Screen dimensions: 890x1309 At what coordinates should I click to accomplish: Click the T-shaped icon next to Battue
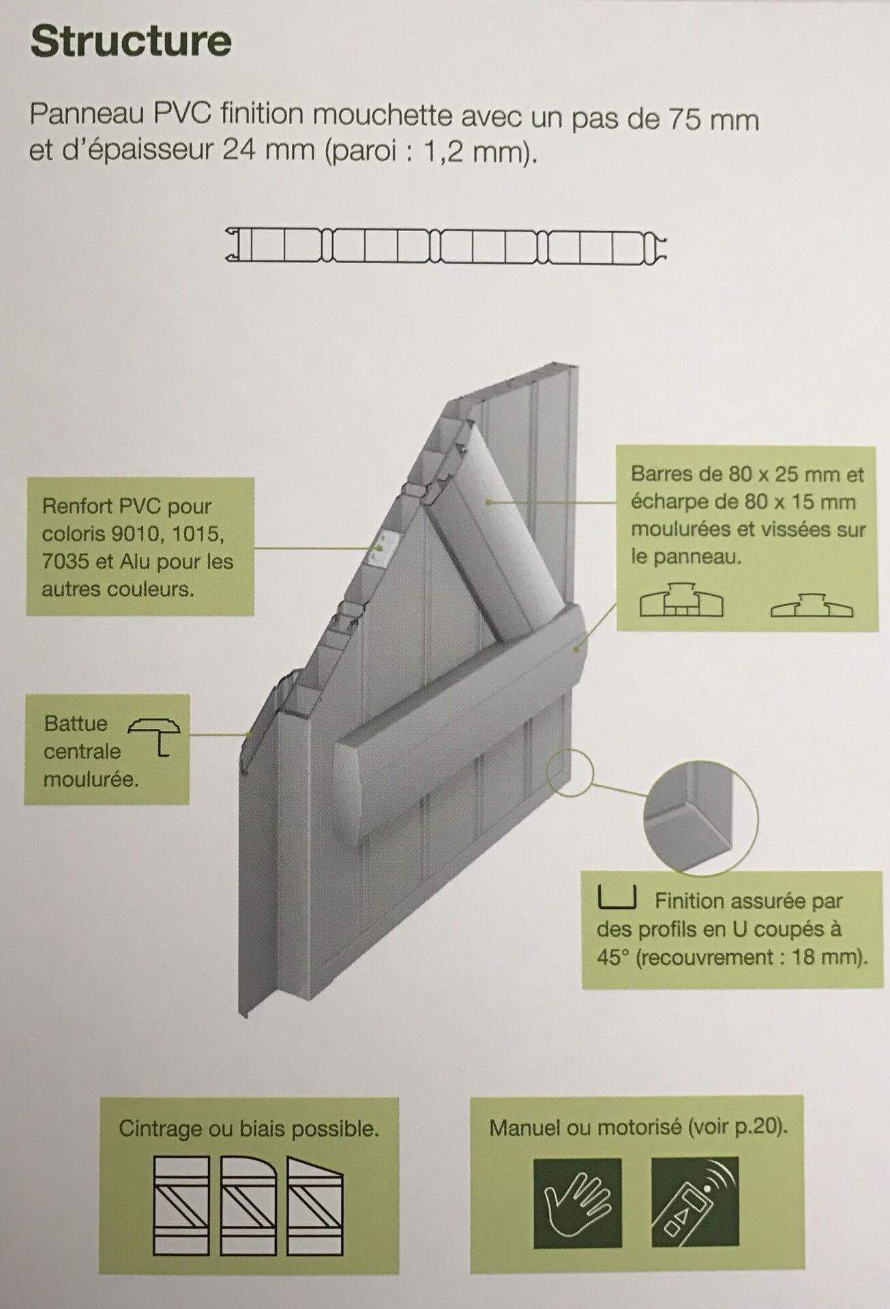pyautogui.click(x=155, y=736)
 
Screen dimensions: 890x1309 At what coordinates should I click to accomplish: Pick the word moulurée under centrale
pyautogui.click(x=91, y=779)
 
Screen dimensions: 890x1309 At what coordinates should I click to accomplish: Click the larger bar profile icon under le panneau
pyautogui.click(x=681, y=601)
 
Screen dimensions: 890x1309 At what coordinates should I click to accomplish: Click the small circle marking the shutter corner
pyautogui.click(x=569, y=772)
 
